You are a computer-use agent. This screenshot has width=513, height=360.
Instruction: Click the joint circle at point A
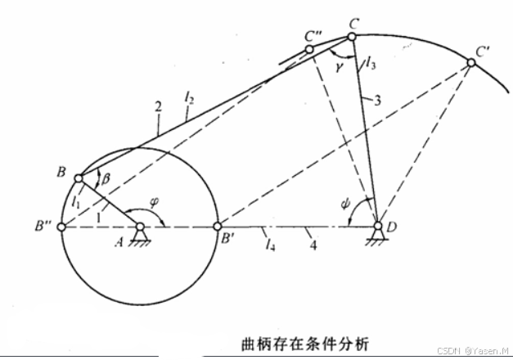(140, 227)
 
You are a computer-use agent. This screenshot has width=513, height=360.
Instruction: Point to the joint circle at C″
(310, 50)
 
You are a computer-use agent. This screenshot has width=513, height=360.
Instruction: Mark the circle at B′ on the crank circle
(217, 227)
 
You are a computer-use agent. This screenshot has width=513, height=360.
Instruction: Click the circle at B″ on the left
(62, 227)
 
